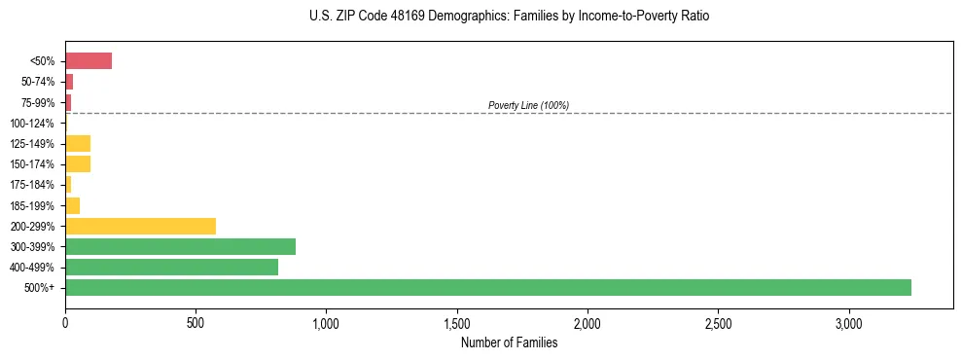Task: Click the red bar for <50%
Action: coord(89,61)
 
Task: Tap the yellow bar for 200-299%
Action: coord(140,226)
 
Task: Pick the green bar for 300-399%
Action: coord(180,246)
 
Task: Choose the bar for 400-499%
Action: coord(171,267)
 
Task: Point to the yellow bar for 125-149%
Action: coord(78,144)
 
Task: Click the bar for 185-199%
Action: coord(73,205)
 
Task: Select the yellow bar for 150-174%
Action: coord(78,164)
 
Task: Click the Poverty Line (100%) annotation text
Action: coord(528,105)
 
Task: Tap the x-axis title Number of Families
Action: coord(509,342)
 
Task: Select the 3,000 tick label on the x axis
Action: coord(848,323)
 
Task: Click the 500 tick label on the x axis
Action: coord(196,323)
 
